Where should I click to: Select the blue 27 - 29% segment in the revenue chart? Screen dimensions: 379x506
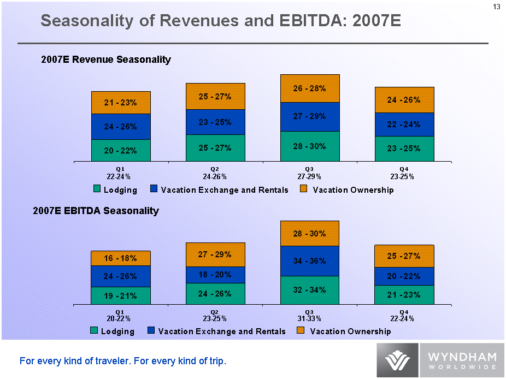coord(310,116)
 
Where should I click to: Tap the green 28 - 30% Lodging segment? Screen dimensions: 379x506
coord(310,146)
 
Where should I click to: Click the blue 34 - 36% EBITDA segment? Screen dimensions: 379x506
coord(310,261)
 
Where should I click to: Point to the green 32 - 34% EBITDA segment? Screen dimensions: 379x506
coord(310,289)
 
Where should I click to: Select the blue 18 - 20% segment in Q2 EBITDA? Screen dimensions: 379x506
coord(215,275)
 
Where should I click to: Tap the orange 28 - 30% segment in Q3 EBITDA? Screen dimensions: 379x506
coord(310,234)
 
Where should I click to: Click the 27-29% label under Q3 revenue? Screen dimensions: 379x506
coord(310,176)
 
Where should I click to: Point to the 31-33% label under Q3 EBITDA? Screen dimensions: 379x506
coord(310,318)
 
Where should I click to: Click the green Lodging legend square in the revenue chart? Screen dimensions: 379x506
coord(97,189)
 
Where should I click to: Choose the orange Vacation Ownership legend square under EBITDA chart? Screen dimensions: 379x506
coord(301,330)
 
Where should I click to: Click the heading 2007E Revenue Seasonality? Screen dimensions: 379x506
coord(106,60)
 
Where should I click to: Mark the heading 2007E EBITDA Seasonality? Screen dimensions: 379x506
coord(100,211)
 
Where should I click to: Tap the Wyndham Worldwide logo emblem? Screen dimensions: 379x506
coord(398,360)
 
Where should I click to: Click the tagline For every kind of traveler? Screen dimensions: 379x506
coord(122,361)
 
